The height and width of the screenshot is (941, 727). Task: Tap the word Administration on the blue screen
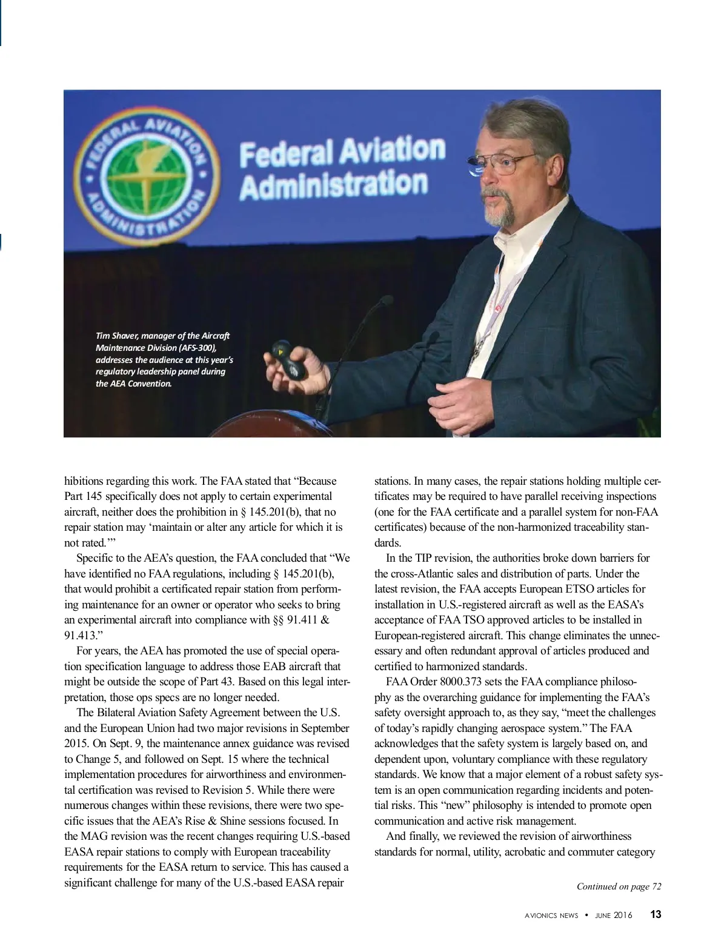pos(333,184)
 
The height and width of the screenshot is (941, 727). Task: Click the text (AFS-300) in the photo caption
pos(194,348)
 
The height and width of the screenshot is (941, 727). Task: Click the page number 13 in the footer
pos(655,914)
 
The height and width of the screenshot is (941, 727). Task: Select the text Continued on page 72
pos(619,886)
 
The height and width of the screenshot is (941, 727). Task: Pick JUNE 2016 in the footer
pos(613,915)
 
